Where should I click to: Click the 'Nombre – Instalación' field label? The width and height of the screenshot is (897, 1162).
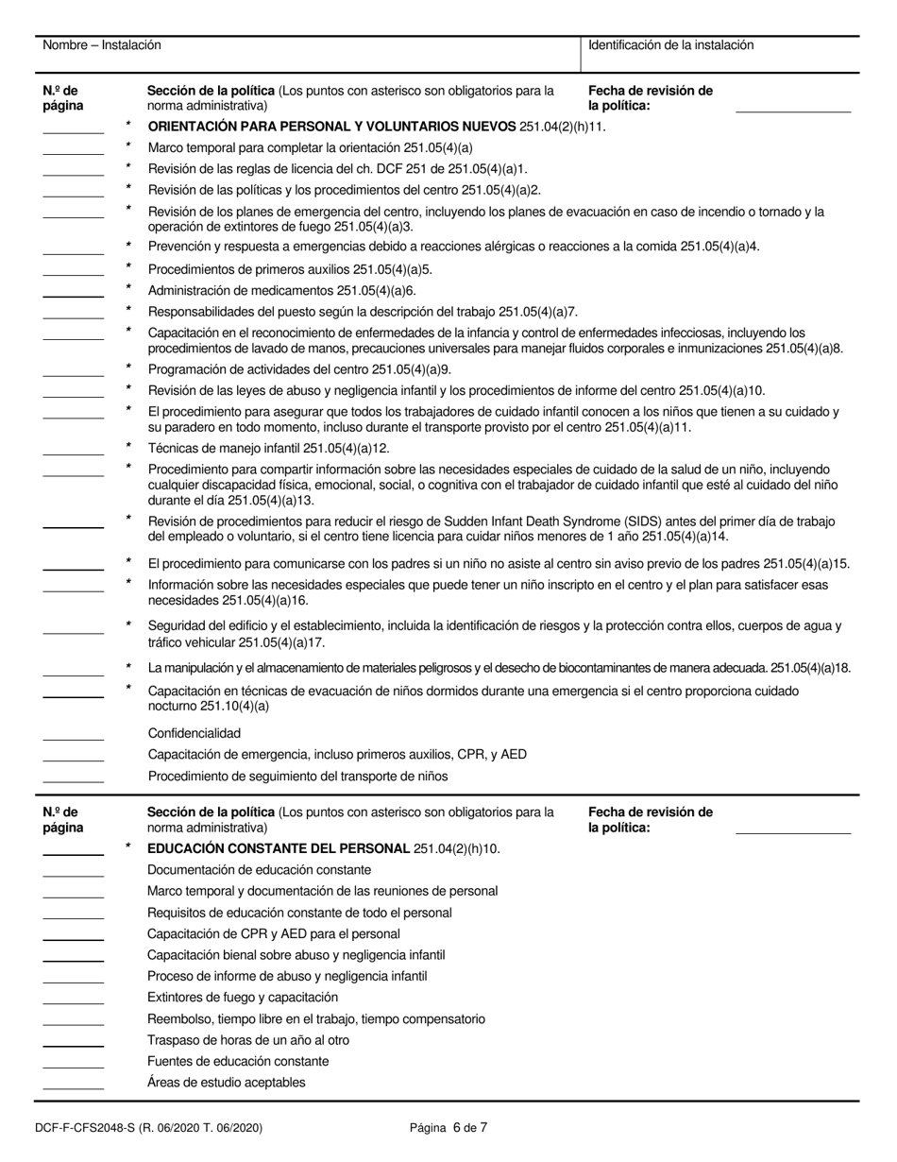[x=102, y=45]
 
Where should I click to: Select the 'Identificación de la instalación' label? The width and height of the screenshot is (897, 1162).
[x=670, y=45]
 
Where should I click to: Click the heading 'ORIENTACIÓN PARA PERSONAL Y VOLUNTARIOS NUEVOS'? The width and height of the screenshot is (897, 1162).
[x=331, y=126]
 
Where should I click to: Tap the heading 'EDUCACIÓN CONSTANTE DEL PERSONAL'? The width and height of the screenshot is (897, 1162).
[x=279, y=848]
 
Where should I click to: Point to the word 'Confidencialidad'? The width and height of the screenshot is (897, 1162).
[x=194, y=733]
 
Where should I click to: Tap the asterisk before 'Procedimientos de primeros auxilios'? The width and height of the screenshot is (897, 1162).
[x=128, y=266]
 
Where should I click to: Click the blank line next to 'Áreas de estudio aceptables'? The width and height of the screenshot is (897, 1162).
[x=73, y=1087]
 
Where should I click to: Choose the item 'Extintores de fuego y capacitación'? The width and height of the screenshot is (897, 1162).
[x=243, y=997]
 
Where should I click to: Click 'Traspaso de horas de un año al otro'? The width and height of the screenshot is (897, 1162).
[x=248, y=1040]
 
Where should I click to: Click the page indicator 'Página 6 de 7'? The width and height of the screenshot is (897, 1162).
[x=448, y=1126]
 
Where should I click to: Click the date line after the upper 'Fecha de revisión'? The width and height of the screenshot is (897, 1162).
[x=792, y=111]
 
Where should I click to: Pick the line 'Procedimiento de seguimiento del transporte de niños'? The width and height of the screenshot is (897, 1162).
[x=297, y=777]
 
